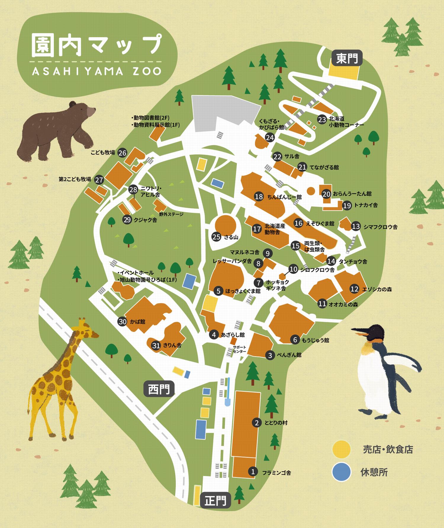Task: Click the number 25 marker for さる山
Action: (x=217, y=237)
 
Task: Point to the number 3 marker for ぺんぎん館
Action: (x=270, y=355)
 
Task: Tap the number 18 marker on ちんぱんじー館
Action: (x=259, y=197)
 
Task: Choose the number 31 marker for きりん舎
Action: (x=156, y=345)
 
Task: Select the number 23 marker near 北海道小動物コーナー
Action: (x=322, y=119)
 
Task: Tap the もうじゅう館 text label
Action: (x=315, y=340)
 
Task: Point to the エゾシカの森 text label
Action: (x=377, y=289)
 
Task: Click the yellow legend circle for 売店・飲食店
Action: (x=341, y=449)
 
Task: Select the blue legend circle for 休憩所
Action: (x=341, y=472)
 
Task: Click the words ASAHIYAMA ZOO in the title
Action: (x=96, y=71)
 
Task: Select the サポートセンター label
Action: (x=239, y=349)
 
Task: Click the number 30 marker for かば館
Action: (x=123, y=322)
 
